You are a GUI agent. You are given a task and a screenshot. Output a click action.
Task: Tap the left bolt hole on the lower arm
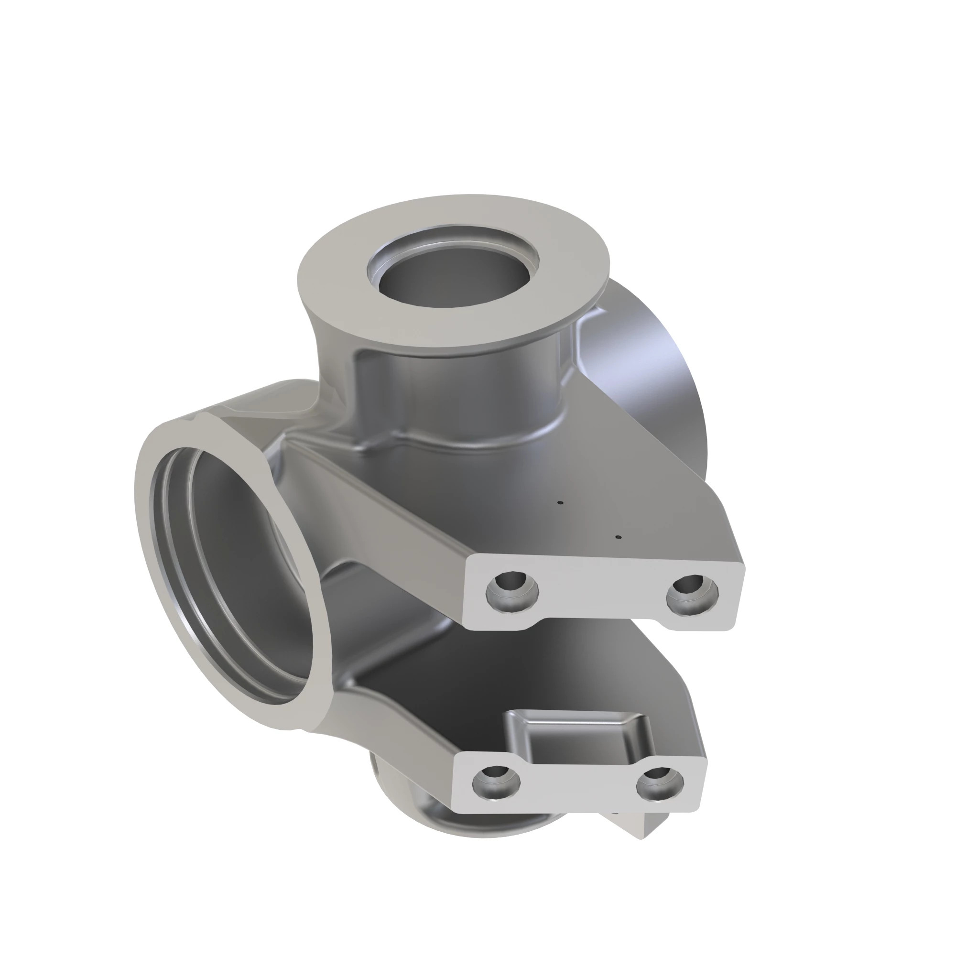[x=496, y=783]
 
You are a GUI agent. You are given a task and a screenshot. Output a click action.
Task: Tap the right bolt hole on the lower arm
[x=660, y=784]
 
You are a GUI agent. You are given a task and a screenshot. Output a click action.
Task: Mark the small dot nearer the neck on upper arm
[x=560, y=503]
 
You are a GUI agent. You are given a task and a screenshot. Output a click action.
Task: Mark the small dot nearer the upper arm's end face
[x=618, y=537]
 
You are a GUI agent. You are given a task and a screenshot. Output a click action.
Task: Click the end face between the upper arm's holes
[x=601, y=591]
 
